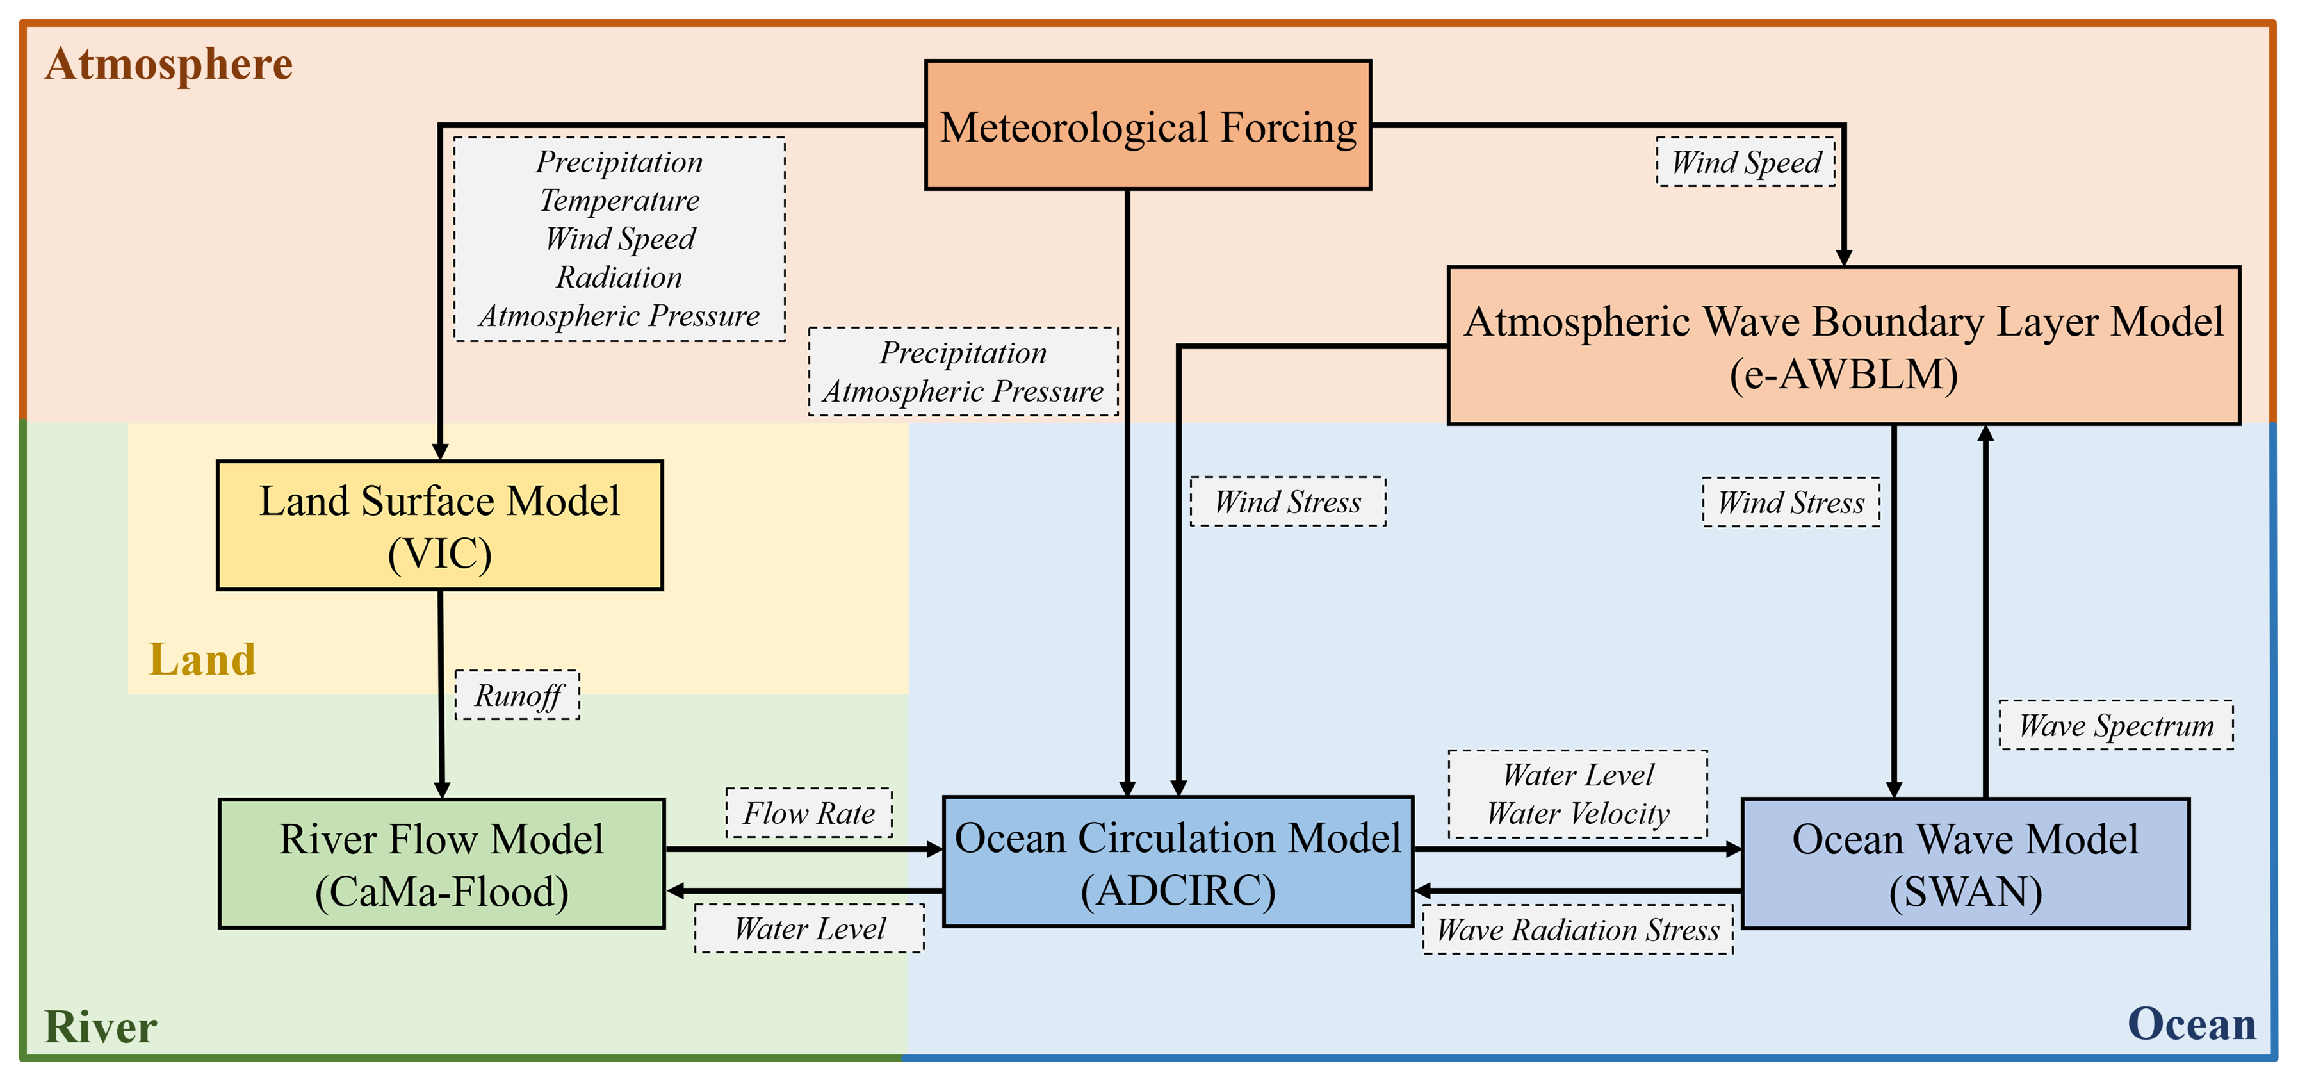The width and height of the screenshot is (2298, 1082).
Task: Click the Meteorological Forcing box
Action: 1148,125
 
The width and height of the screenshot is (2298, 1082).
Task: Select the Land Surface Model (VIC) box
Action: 440,525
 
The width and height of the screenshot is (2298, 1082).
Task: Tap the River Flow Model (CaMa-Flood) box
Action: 441,864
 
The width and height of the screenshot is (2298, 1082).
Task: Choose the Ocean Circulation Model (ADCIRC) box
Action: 1178,862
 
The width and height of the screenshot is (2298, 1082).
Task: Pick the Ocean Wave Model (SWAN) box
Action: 1965,864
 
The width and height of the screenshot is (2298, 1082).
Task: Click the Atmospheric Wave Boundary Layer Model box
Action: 1844,345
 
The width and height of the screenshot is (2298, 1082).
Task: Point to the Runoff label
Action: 517,695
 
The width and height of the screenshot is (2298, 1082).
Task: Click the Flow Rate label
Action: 809,812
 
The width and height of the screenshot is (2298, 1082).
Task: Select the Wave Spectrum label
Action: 2116,725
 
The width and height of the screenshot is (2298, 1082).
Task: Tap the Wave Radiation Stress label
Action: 1578,930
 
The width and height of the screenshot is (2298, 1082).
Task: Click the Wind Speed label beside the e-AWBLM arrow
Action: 1746,161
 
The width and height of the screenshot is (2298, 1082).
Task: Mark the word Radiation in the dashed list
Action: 619,277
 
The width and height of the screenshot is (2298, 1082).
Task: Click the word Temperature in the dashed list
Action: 619,201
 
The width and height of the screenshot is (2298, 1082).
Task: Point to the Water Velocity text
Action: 1578,814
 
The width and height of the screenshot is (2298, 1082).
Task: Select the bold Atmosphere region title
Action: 168,64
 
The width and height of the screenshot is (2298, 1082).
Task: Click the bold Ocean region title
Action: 2192,1024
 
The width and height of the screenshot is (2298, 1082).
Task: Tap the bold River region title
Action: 101,1027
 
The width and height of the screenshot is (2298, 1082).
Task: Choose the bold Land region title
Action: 202,659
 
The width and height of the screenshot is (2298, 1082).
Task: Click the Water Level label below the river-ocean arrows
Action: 809,929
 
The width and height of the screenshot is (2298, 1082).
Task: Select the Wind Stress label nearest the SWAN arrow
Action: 1791,502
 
